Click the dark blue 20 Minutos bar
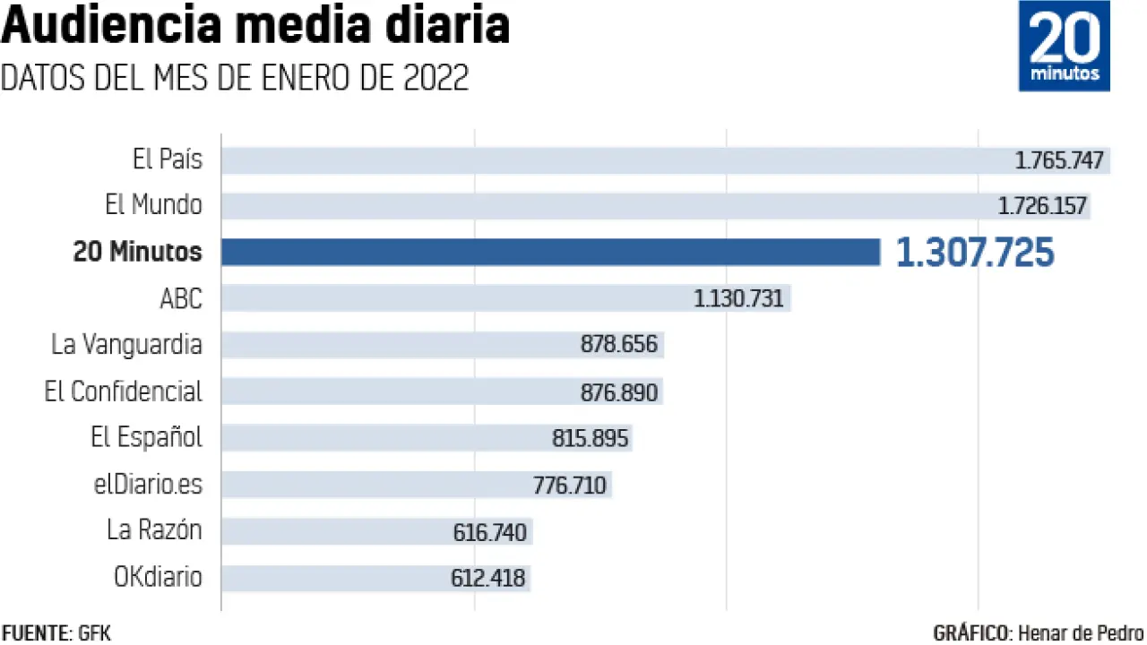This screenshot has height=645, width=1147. pos(550,252)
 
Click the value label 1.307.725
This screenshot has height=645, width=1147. pos(975,254)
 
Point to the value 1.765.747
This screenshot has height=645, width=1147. pos(1060,161)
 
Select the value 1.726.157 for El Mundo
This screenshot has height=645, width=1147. pos(1043,207)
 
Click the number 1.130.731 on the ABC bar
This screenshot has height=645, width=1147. pos(738,299)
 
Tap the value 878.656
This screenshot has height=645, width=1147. pos(619,345)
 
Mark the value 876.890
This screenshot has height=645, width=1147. pos(619,392)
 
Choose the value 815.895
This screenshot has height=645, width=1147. pos(591,439)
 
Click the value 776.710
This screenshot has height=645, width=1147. pos(570,486)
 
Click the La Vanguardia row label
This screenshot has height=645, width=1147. pos(126,344)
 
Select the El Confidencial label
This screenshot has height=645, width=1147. pos(124,391)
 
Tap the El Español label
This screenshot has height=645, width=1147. pos(147,438)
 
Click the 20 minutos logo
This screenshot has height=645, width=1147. pos(1064,46)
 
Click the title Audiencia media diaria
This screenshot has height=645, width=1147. pos(255,27)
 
